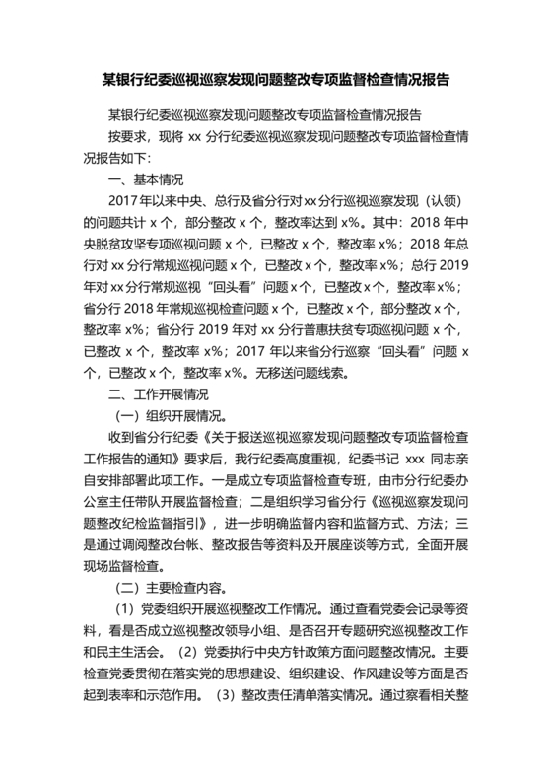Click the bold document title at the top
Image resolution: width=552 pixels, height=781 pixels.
click(275, 77)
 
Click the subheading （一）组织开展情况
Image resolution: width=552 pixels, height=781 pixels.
click(172, 415)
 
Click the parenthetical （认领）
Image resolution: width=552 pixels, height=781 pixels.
click(435, 198)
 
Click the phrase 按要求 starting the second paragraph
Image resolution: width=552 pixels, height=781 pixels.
click(127, 133)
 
